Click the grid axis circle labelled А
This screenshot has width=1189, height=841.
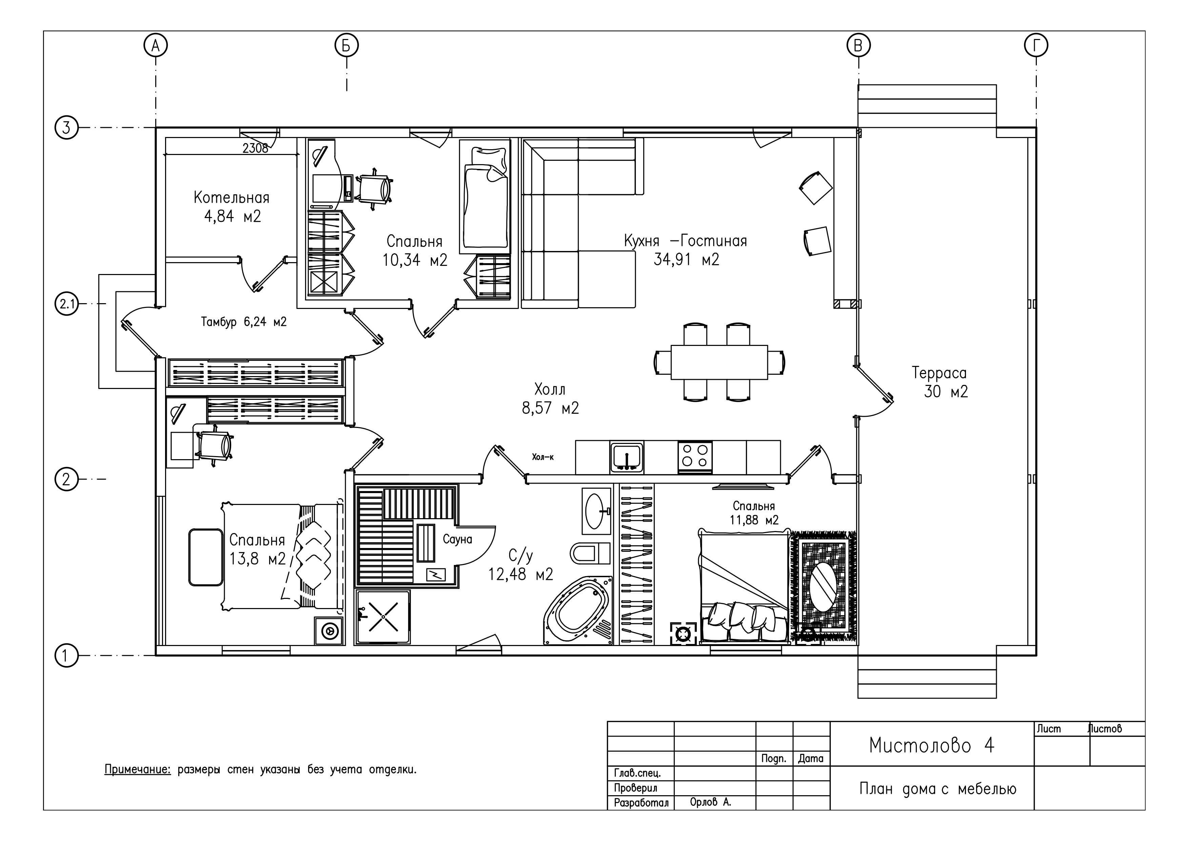[x=155, y=46]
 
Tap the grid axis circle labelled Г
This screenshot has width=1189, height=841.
[x=1036, y=46]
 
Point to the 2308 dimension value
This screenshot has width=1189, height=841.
[x=255, y=148]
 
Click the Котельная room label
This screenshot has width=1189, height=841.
[x=231, y=197]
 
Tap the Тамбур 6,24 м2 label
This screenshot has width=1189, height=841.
[x=243, y=322]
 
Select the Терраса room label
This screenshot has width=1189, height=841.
[x=939, y=373]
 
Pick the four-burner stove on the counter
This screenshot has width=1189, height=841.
[x=695, y=456]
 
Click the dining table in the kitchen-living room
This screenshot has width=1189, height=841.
[x=719, y=362]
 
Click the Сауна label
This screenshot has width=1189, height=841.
[x=457, y=540]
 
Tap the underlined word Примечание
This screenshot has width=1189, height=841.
[x=137, y=769]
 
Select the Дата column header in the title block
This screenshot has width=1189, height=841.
[x=810, y=759]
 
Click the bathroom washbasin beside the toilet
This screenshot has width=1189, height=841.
[x=596, y=510]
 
